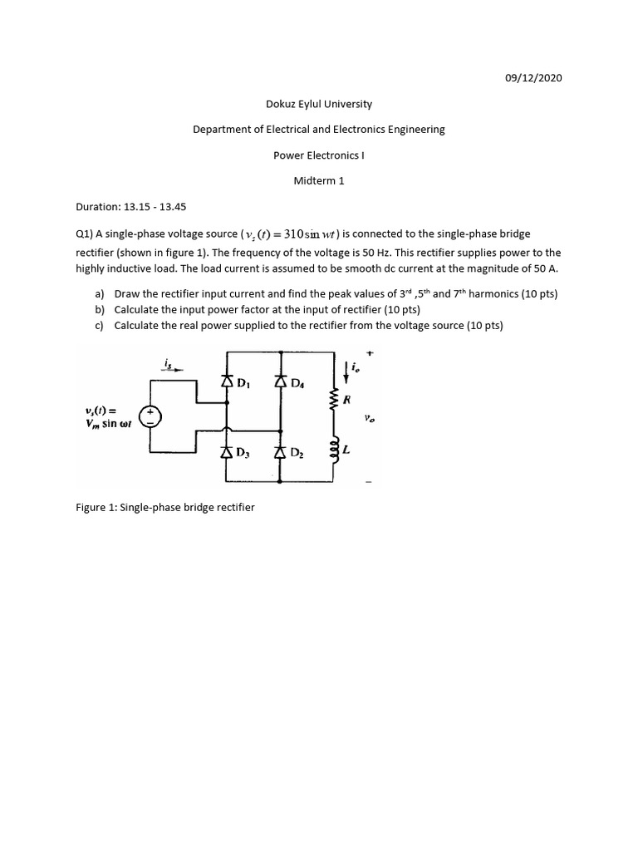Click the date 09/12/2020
click(x=533, y=78)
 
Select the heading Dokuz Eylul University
click(x=319, y=104)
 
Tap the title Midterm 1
click(x=319, y=180)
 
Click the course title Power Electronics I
click(x=319, y=155)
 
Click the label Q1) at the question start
click(x=85, y=236)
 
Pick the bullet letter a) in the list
click(x=100, y=294)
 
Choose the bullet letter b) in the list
click(x=100, y=310)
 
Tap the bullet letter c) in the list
click(x=100, y=326)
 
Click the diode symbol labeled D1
click(x=227, y=382)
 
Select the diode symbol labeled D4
click(x=280, y=382)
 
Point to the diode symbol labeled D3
click(x=227, y=452)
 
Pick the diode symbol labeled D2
click(x=280, y=452)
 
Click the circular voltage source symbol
click(x=150, y=416)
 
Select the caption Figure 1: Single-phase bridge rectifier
click(x=165, y=507)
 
